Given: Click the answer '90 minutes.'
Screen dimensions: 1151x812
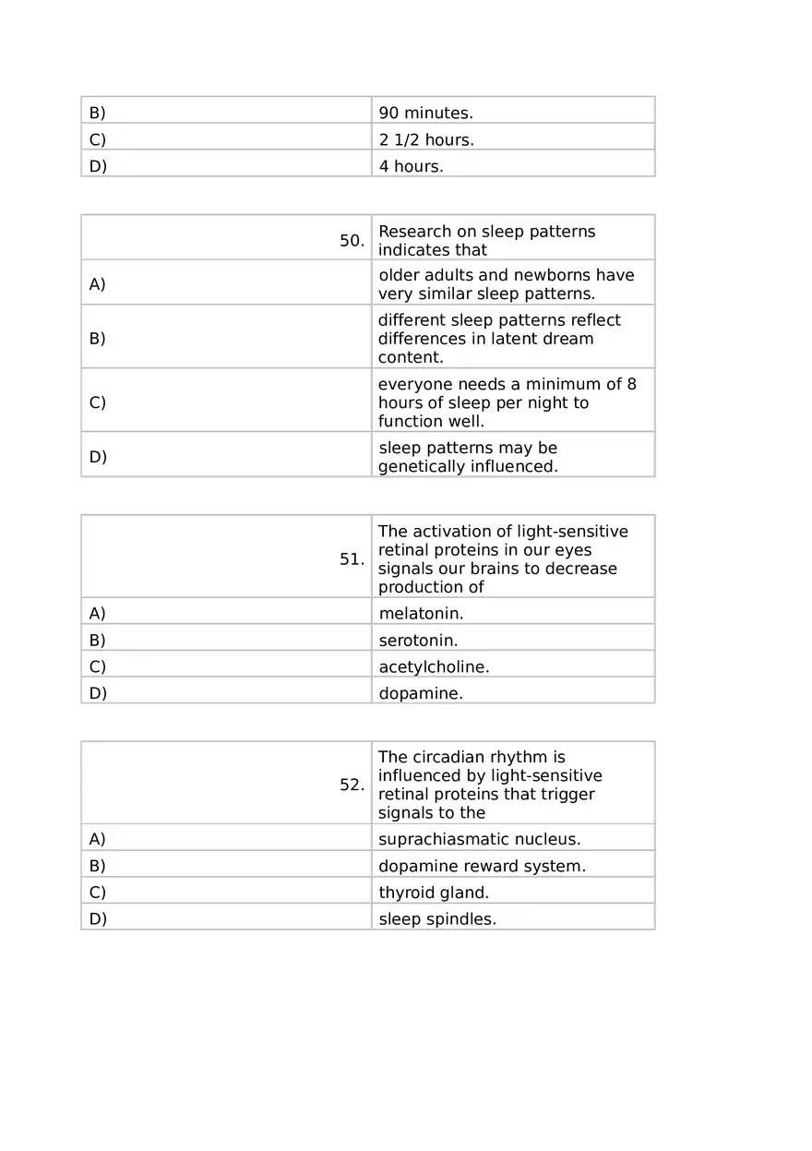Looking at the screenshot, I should click(x=425, y=114).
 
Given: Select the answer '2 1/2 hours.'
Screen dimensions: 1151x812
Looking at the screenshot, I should click(x=426, y=140).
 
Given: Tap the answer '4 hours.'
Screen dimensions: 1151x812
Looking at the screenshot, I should click(x=411, y=167).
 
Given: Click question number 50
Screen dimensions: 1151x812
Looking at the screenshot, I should click(x=352, y=241).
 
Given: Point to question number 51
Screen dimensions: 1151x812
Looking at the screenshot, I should click(x=352, y=559).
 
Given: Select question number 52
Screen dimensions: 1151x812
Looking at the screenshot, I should click(x=352, y=785).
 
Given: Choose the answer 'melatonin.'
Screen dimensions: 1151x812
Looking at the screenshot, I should click(x=421, y=614).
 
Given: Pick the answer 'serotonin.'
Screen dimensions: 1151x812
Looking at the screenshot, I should click(x=418, y=641).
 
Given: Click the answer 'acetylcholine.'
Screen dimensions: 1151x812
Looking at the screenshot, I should click(x=434, y=667).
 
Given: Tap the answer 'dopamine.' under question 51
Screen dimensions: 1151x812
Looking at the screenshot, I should click(x=421, y=694).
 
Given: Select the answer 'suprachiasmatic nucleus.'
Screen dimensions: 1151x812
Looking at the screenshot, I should click(x=479, y=840).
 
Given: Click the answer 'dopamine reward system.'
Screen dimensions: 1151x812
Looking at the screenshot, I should click(x=482, y=867).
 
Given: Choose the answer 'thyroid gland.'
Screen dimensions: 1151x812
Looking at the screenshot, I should click(x=434, y=893).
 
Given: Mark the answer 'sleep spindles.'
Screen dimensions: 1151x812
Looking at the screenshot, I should click(x=437, y=920).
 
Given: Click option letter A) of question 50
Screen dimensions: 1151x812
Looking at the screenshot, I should click(x=97, y=284).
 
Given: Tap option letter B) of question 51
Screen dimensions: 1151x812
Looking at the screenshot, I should click(x=97, y=641).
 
